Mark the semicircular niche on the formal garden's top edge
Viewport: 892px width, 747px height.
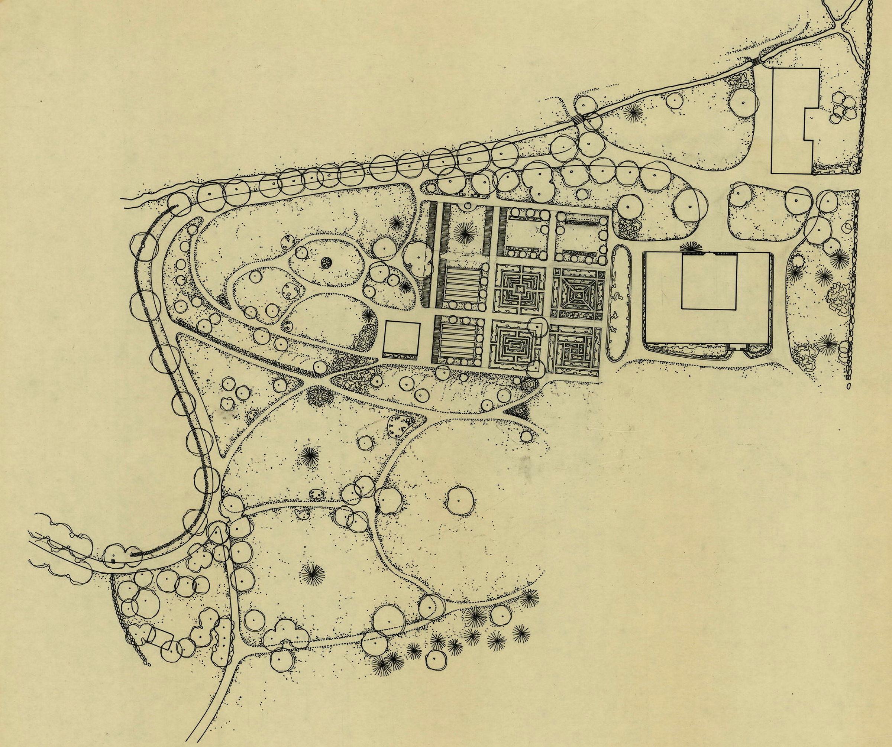[x=468, y=206]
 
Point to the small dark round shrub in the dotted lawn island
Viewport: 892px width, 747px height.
[x=326, y=263]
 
